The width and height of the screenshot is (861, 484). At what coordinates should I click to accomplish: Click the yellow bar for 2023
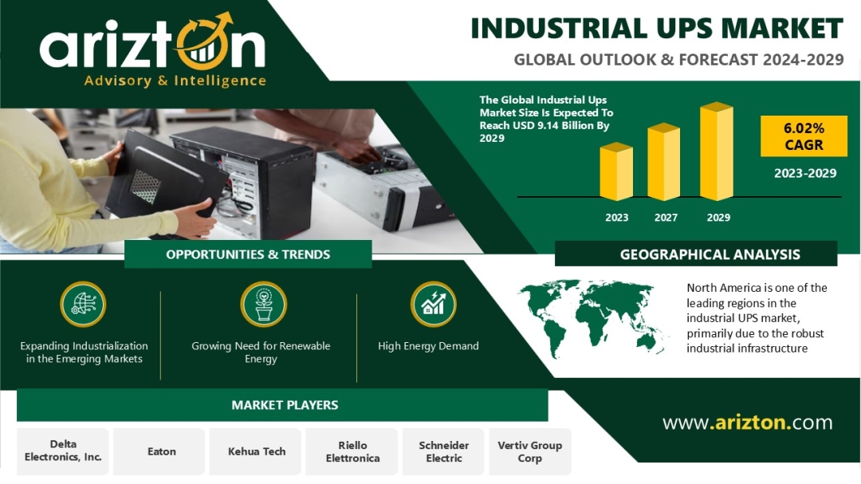616,171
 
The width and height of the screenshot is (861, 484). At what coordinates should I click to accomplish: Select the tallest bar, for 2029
717,151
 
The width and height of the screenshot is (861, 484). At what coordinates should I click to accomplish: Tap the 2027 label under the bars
666,218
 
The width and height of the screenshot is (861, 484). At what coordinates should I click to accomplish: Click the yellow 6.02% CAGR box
804,136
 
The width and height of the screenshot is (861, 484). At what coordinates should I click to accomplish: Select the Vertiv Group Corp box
530,451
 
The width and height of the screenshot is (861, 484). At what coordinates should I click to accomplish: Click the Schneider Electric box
444,451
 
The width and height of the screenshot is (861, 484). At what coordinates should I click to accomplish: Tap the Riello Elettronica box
352,451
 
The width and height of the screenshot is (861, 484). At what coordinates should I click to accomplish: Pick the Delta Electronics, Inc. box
63,451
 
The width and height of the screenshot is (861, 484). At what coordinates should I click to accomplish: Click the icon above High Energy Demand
433,305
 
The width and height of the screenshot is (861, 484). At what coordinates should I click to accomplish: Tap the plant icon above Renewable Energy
264,305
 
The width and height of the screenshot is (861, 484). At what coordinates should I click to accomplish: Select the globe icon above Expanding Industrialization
83,305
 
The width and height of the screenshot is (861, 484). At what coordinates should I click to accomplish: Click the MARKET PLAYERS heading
285,405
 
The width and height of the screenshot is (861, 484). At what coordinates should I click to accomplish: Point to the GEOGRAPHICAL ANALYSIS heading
710,254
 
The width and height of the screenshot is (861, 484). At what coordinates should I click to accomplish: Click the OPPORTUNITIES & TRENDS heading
248,254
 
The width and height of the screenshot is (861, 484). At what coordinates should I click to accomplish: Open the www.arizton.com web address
747,423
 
